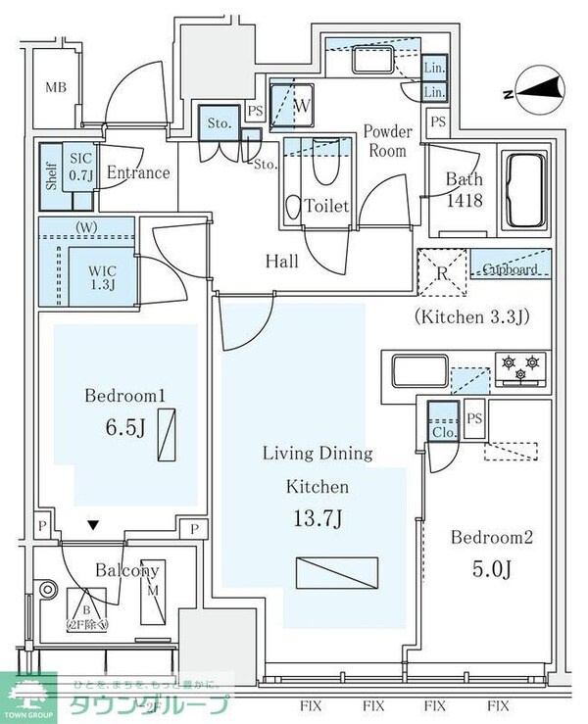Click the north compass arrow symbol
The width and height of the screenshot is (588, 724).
[x=537, y=92]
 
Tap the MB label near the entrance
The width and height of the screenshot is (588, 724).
[x=56, y=88]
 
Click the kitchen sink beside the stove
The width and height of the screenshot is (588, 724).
[x=418, y=371]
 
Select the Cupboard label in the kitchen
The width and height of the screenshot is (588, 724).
[x=510, y=268]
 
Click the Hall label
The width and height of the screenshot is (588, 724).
[x=281, y=262]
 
